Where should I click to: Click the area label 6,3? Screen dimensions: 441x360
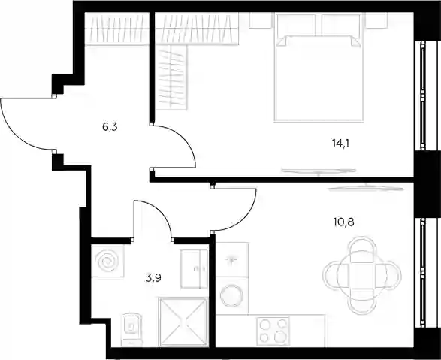coord(110,127)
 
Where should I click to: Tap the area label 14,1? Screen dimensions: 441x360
coord(340,144)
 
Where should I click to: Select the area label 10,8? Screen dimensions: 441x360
coord(343,222)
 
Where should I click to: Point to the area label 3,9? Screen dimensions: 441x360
coord(154,278)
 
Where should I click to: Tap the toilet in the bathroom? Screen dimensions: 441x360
coord(132,330)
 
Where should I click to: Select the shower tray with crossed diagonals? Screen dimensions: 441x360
coord(183,322)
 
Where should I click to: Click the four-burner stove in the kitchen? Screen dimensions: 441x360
coord(273,331)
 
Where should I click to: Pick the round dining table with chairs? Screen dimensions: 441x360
coord(362,275)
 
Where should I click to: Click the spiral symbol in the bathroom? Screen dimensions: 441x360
coord(107,262)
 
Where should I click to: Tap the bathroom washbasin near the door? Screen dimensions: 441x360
coord(194,268)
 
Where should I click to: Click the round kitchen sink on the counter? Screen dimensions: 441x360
coord(231,295)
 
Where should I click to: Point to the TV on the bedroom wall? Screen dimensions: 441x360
coord(319,171)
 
